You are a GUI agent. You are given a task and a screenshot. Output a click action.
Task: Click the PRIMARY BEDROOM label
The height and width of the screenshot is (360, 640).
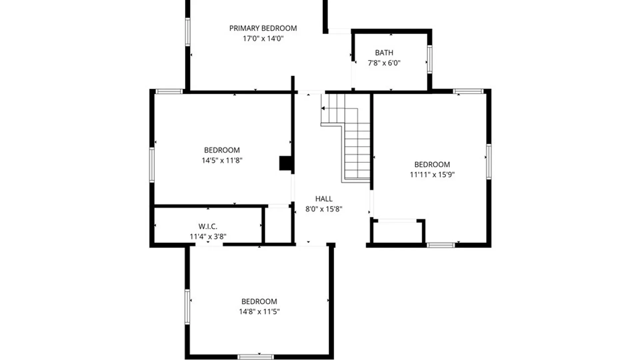pos(263,28)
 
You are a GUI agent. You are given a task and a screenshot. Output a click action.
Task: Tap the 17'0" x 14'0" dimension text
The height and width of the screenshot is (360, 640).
pos(263,38)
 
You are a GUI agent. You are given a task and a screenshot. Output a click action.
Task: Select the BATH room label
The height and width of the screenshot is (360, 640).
pos(384,53)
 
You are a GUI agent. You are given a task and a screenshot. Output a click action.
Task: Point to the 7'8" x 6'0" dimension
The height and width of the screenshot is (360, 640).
pos(384,63)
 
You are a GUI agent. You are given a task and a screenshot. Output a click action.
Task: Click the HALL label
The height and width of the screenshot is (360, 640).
pos(324,199)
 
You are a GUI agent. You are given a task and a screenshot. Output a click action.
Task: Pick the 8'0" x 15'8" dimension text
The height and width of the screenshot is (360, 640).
pos(324,209)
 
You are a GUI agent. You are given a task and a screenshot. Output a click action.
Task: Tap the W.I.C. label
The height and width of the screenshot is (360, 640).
pos(208,226)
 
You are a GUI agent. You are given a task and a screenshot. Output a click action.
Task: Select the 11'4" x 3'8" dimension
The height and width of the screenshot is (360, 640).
pos(208,237)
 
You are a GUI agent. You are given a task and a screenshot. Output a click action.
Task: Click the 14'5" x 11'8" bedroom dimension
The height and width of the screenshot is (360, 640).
pos(222,160)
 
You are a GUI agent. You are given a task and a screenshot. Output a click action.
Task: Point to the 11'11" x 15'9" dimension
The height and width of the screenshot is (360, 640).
pos(432,175)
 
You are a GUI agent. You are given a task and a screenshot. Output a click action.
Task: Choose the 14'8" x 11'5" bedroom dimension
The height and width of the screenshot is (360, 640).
pos(259,312)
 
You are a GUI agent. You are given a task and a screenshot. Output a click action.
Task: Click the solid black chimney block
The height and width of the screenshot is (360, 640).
pos(285,163)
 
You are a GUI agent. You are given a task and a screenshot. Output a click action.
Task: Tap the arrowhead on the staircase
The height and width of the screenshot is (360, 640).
pos(323,108)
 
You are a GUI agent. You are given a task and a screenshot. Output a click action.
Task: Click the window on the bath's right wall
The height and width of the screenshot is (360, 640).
pos(430,59)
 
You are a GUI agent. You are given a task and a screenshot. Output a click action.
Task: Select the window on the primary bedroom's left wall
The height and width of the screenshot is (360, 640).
pos(188,32)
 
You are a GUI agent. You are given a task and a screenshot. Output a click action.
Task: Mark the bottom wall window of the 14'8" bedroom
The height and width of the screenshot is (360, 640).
pos(256,357)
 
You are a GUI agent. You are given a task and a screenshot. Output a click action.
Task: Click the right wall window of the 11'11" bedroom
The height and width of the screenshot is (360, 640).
pos(489,162)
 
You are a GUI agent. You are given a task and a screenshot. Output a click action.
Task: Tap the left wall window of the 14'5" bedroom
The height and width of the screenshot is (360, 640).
pos(152,165)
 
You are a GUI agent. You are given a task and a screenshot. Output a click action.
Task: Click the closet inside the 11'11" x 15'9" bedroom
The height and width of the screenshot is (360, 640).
pos(397,232)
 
